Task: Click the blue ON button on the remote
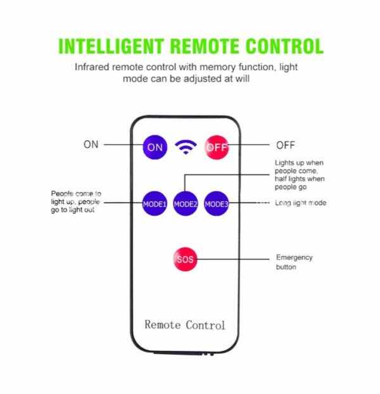click(x=155, y=147)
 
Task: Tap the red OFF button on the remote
click(x=216, y=147)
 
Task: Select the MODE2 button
click(x=186, y=204)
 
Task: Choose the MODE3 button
click(x=217, y=203)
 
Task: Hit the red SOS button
click(x=186, y=258)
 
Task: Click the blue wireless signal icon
click(x=186, y=148)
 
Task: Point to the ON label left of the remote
click(x=91, y=144)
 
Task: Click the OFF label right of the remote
click(x=286, y=144)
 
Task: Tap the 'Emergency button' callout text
click(x=294, y=262)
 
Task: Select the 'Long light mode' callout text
click(x=301, y=203)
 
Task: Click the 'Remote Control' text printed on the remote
click(x=185, y=324)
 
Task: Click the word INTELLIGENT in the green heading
click(x=111, y=46)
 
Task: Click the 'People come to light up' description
click(x=76, y=201)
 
